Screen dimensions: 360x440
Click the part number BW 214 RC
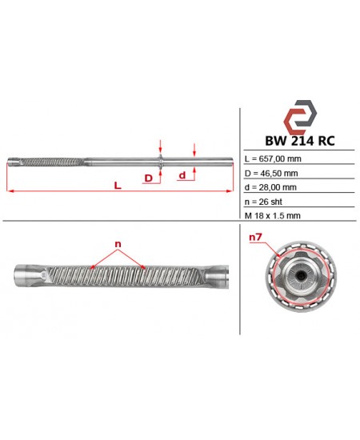tap(300, 141)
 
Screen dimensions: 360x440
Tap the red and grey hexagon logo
tap(300, 118)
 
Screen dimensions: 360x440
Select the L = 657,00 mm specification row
tap(273, 159)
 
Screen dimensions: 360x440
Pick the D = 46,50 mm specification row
tap(271, 174)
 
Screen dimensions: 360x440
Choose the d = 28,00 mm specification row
tap(270, 187)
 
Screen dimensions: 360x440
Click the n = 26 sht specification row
tap(263, 202)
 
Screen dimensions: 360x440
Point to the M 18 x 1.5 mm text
tap(273, 216)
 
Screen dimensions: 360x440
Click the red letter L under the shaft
tap(118, 186)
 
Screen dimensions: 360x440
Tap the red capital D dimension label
tap(149, 178)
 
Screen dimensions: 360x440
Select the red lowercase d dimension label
tap(182, 175)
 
